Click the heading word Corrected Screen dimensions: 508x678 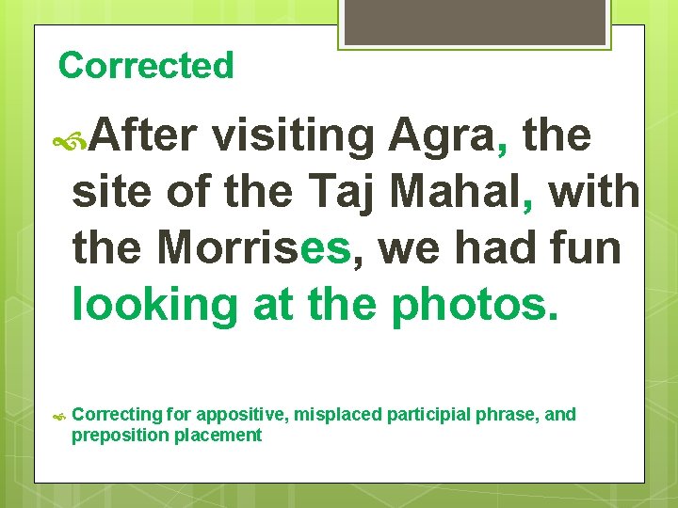[145, 66]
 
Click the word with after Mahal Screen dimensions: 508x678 [594, 193]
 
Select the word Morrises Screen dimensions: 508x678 [253, 248]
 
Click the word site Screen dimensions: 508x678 [111, 193]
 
